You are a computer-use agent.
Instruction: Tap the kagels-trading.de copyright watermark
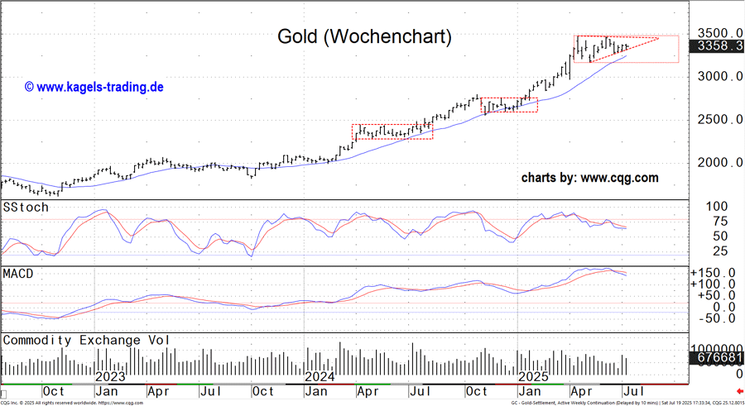[x=94, y=86]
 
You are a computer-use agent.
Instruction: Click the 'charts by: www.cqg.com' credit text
[x=589, y=178]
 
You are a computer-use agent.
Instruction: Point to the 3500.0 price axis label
[x=717, y=32]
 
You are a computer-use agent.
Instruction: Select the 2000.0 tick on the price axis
[x=717, y=162]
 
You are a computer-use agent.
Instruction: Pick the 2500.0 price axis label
[x=717, y=119]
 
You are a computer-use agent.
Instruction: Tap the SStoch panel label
[x=26, y=207]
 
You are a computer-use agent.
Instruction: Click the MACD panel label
[x=20, y=273]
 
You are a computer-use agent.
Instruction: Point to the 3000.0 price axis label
[x=717, y=76]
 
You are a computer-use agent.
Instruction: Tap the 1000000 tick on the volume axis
[x=715, y=348]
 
